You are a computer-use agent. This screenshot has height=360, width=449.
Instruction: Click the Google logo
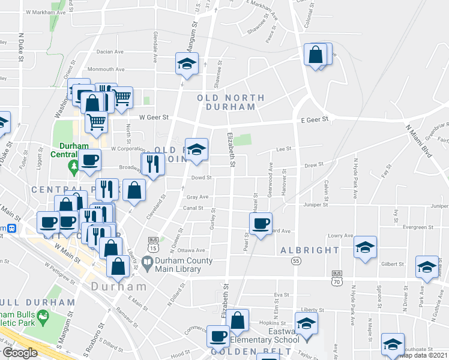[19, 353]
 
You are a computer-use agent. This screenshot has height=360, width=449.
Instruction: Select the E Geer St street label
[316, 119]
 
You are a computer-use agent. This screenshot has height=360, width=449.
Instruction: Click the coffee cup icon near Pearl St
[261, 224]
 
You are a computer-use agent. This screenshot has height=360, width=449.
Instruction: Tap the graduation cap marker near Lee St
[196, 150]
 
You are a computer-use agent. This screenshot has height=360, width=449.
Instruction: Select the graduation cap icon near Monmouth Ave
[187, 62]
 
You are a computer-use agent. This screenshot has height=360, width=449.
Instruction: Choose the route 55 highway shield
[296, 261]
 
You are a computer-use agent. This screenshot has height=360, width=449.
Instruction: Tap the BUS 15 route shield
[154, 246]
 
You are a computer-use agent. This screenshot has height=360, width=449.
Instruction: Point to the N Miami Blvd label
[419, 142]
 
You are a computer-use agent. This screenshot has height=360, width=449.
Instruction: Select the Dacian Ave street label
[107, 52]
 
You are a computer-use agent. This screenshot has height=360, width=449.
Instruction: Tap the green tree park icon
[73, 165]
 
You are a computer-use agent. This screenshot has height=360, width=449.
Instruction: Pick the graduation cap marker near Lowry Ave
[365, 247]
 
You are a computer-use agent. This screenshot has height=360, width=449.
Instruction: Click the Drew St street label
[314, 164]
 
